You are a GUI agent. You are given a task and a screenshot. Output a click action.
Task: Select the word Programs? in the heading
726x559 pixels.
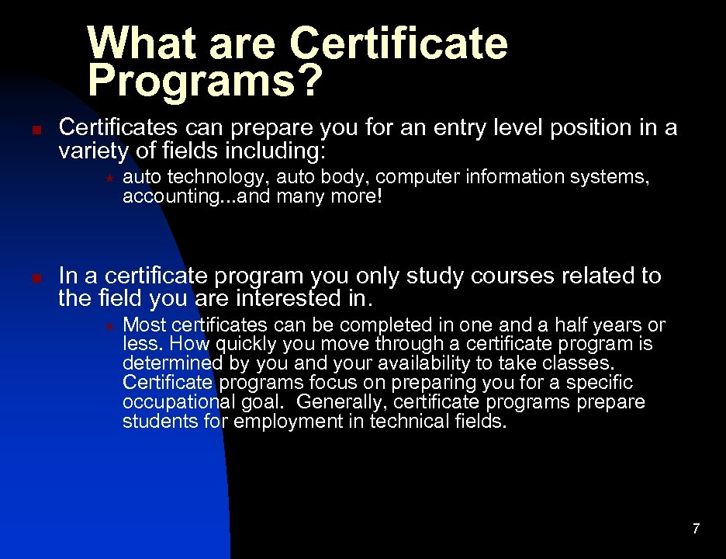pyautogui.click(x=203, y=81)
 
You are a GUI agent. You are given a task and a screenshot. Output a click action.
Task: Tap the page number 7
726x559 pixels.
pyautogui.click(x=696, y=529)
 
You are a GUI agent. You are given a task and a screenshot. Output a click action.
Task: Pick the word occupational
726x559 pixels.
pyautogui.click(x=178, y=403)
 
